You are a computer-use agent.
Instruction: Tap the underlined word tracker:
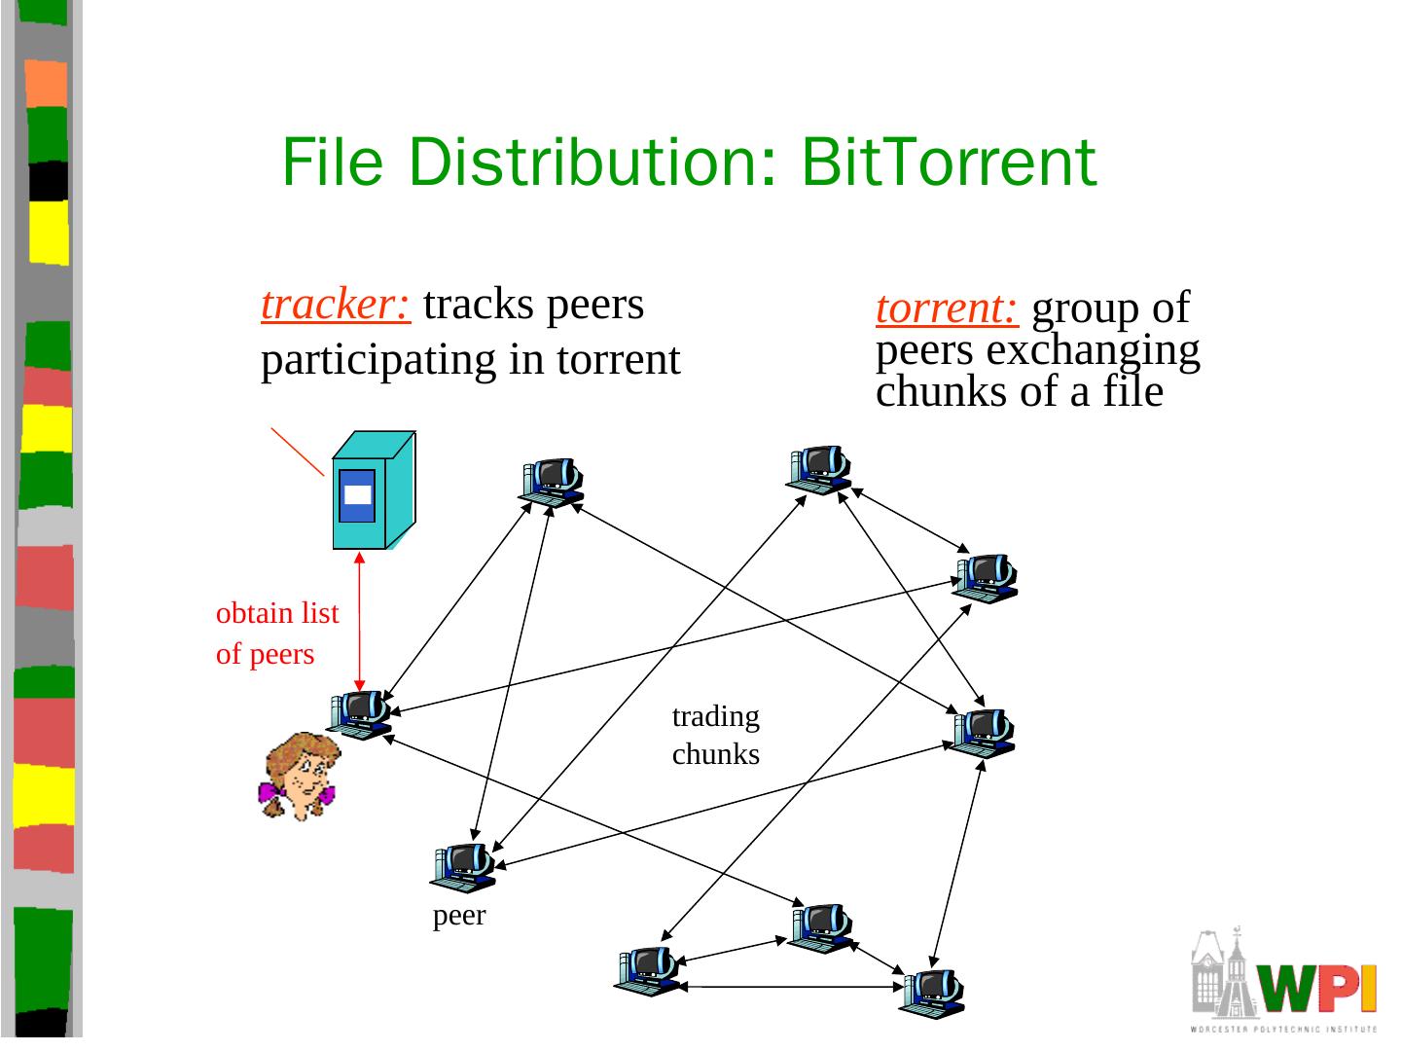pyautogui.click(x=336, y=305)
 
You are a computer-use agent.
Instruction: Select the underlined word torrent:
pyautogui.click(x=947, y=308)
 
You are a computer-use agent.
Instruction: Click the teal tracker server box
pyautogui.click(x=373, y=491)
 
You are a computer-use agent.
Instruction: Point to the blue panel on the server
pyautogui.click(x=357, y=495)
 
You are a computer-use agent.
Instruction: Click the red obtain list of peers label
pyautogui.click(x=276, y=634)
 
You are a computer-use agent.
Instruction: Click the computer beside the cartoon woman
pyautogui.click(x=360, y=714)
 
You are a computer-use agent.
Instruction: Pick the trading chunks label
pyautogui.click(x=715, y=735)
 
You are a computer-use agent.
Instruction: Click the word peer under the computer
pyautogui.click(x=458, y=916)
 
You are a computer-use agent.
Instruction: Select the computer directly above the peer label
pyautogui.click(x=464, y=866)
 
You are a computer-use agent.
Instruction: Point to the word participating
pyautogui.click(x=378, y=360)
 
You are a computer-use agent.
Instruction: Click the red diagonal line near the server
pyautogui.click(x=297, y=452)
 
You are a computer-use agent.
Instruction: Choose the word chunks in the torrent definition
pyautogui.click(x=934, y=392)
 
